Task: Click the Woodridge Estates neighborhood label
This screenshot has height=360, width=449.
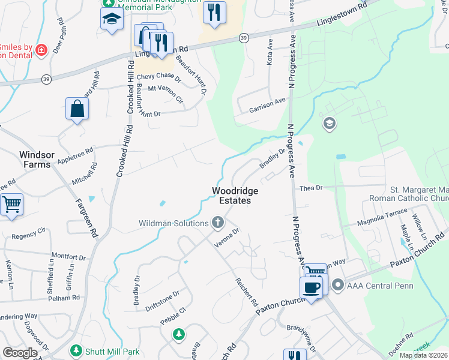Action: click(x=231, y=196)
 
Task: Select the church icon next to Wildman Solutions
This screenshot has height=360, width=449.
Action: click(x=217, y=224)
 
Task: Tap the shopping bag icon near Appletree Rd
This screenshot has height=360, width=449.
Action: click(x=77, y=109)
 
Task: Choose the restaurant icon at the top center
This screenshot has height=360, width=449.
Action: click(x=214, y=12)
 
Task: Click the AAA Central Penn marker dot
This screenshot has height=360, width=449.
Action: click(x=338, y=284)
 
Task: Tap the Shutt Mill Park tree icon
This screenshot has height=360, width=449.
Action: click(x=76, y=350)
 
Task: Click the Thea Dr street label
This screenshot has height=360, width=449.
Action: click(x=311, y=188)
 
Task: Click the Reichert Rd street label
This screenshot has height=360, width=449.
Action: click(x=246, y=292)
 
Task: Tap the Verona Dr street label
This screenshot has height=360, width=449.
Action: click(x=228, y=238)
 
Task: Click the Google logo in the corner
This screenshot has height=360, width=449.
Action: click(x=20, y=353)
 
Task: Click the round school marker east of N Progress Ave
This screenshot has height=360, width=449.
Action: click(x=329, y=124)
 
